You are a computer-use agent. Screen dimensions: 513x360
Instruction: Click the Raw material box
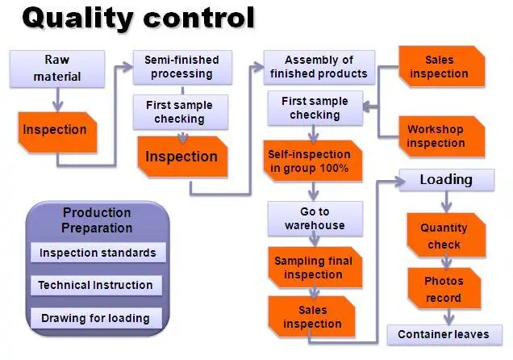click(57, 69)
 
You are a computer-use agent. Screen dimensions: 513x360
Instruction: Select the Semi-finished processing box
click(181, 67)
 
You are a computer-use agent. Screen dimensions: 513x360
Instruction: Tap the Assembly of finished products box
click(319, 67)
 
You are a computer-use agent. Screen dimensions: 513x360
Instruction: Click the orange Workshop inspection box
click(436, 136)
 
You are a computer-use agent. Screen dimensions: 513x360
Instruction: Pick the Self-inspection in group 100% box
click(311, 161)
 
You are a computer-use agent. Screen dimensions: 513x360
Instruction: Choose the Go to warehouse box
click(315, 218)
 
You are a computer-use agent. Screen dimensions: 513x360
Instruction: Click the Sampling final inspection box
click(313, 268)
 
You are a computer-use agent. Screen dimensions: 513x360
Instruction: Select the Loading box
click(446, 180)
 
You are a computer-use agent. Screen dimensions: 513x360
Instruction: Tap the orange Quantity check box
click(444, 236)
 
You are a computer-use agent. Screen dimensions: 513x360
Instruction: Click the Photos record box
click(444, 289)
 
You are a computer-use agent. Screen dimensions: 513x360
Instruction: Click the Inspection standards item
click(97, 253)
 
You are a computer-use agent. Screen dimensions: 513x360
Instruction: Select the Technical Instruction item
click(95, 285)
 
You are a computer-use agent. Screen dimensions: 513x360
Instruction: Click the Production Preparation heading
click(97, 219)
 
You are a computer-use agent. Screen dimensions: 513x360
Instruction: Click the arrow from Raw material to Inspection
click(57, 99)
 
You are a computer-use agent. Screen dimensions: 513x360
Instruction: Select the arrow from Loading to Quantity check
click(446, 202)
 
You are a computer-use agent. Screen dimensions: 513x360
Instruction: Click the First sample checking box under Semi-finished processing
click(180, 112)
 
